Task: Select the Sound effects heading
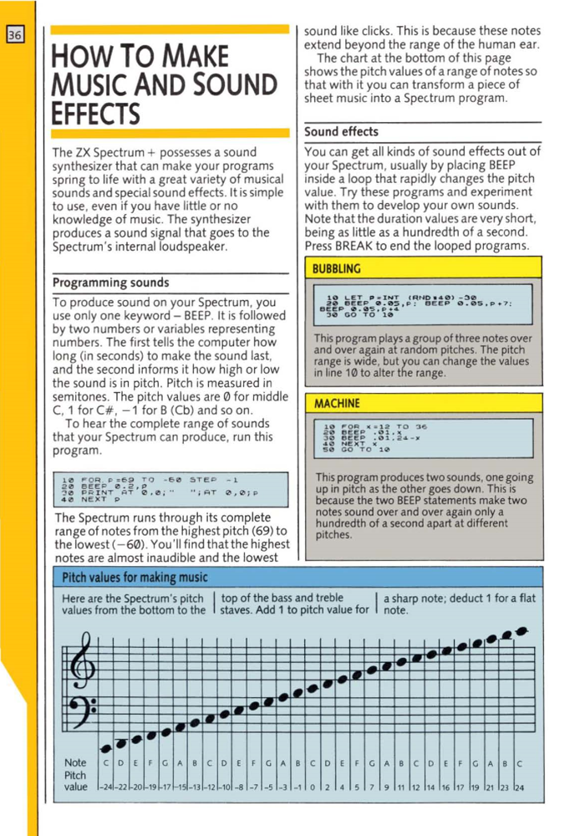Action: click(341, 131)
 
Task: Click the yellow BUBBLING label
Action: click(336, 269)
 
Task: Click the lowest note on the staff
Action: click(107, 743)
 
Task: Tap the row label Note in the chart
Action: click(75, 763)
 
